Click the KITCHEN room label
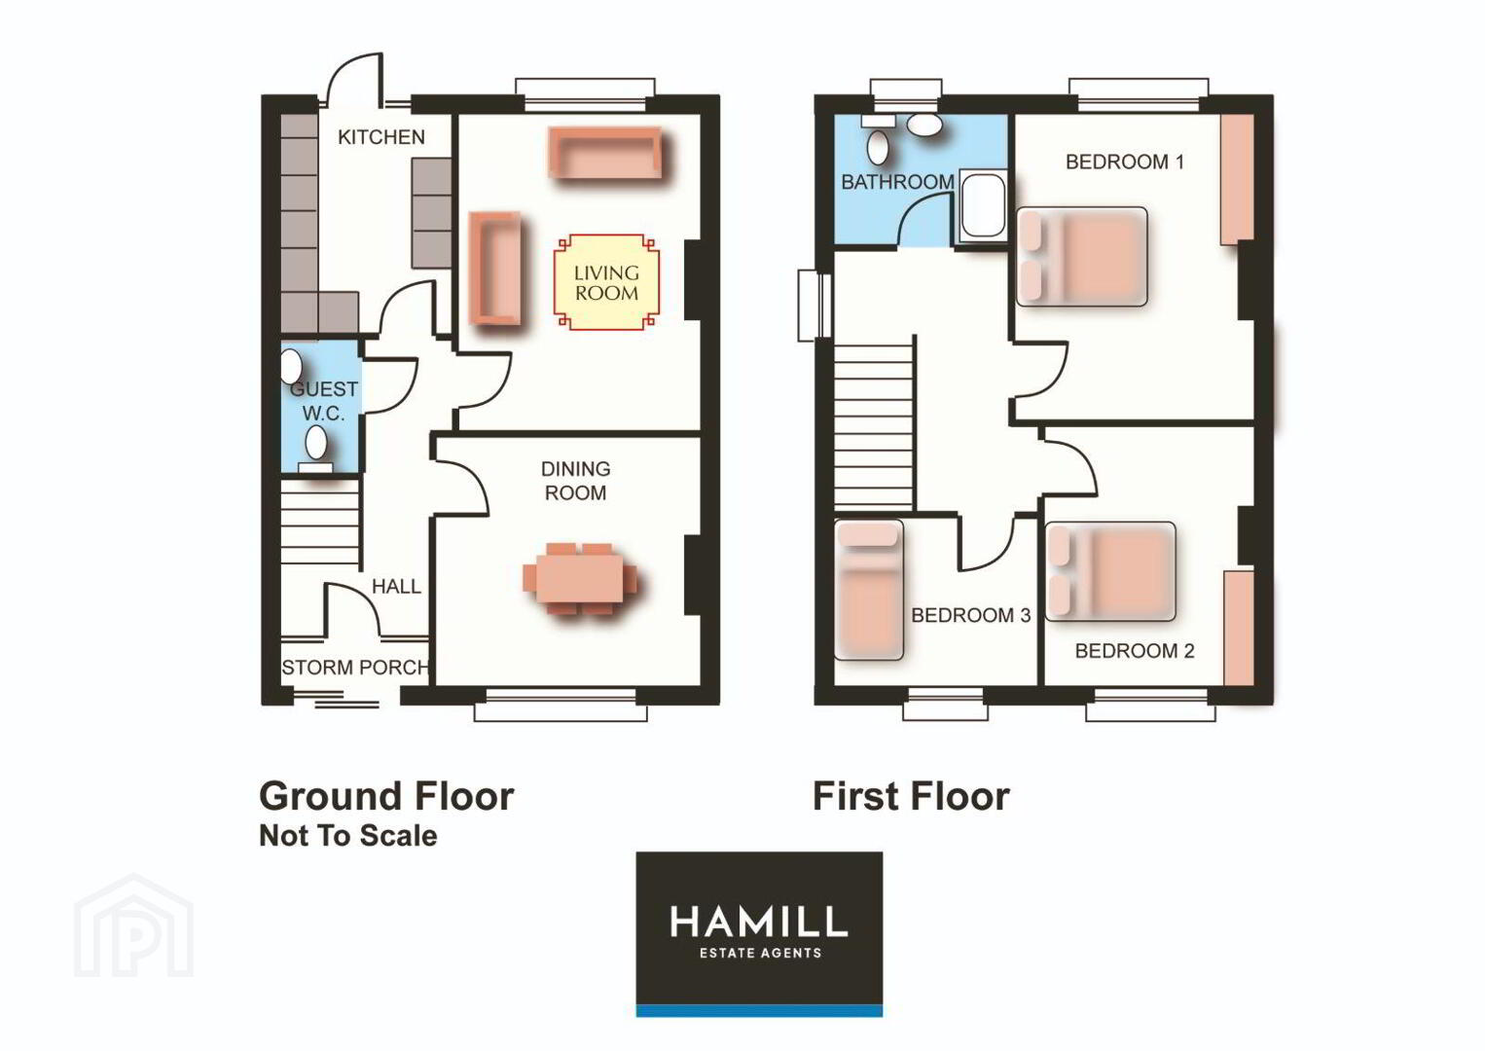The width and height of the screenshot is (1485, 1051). pyautogui.click(x=381, y=137)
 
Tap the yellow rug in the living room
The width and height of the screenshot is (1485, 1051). pyautogui.click(x=606, y=282)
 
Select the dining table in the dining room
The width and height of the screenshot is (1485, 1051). pyautogui.click(x=579, y=578)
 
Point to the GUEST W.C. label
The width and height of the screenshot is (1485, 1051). pyautogui.click(x=323, y=401)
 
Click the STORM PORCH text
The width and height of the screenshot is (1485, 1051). pyautogui.click(x=355, y=667)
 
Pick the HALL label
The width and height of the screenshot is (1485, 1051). pyautogui.click(x=396, y=586)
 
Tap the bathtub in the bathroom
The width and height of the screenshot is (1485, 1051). pyautogui.click(x=983, y=205)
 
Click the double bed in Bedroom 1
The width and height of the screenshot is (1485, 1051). pyautogui.click(x=1081, y=257)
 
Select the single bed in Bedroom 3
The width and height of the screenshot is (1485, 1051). pyautogui.click(x=868, y=590)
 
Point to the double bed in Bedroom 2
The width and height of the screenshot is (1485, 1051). pyautogui.click(x=1110, y=571)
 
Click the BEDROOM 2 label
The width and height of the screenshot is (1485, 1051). pyautogui.click(x=1135, y=651)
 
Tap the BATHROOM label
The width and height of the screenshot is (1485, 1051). pyautogui.click(x=897, y=182)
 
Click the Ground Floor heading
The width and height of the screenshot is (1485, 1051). pyautogui.click(x=386, y=796)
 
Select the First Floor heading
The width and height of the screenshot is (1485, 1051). pyautogui.click(x=911, y=796)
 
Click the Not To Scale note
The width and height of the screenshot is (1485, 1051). pyautogui.click(x=348, y=836)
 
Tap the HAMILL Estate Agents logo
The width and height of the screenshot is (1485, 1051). pyautogui.click(x=759, y=933)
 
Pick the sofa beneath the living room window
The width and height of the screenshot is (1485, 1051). pyautogui.click(x=605, y=153)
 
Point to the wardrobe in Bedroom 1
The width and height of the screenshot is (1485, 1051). pyautogui.click(x=1237, y=179)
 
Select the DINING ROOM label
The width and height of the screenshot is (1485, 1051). pyautogui.click(x=575, y=481)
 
